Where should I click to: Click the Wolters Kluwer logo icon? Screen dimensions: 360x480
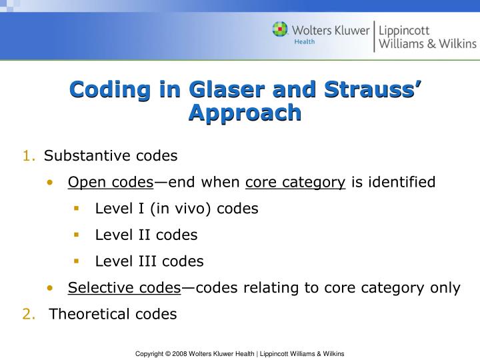click(x=281, y=31)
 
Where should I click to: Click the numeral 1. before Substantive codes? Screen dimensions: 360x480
click(x=29, y=156)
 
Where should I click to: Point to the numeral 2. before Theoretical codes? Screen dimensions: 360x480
click(x=29, y=314)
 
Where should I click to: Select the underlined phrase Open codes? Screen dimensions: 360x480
click(x=111, y=182)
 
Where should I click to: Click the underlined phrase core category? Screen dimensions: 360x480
click(x=295, y=182)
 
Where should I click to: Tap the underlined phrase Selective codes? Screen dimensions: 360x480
click(x=123, y=288)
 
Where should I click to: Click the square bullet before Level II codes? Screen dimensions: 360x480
click(x=77, y=235)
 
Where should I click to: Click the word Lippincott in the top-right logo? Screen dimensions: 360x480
click(x=405, y=30)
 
